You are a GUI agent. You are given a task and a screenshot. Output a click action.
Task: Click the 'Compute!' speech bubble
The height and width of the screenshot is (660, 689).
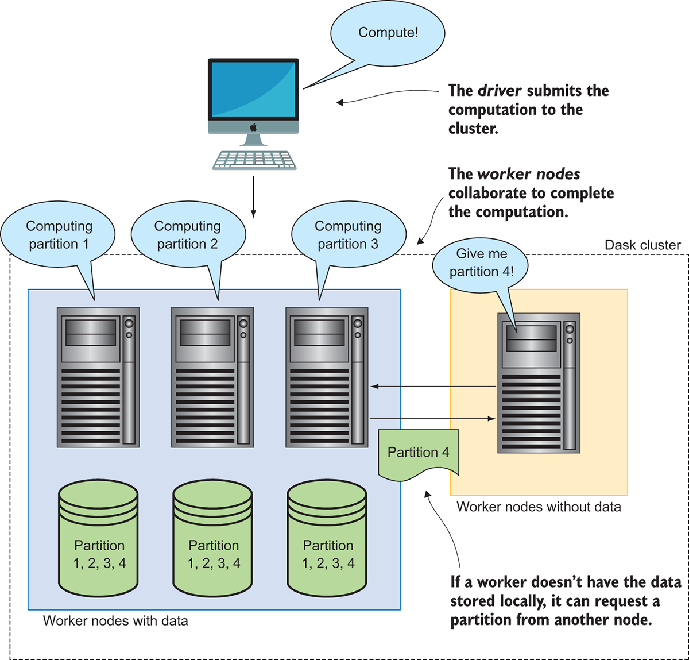[x=388, y=33]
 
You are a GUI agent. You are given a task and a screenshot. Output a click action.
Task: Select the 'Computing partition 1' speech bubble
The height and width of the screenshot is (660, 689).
[x=59, y=235]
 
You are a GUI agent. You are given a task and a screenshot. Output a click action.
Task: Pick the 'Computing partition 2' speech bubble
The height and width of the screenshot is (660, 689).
[x=188, y=235]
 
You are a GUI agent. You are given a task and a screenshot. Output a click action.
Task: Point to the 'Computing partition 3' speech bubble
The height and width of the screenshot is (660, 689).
[x=348, y=235]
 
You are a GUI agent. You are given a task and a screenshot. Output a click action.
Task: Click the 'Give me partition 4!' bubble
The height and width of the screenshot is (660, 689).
[x=481, y=263]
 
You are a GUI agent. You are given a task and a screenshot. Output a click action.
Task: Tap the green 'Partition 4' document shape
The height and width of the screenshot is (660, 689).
[x=418, y=453]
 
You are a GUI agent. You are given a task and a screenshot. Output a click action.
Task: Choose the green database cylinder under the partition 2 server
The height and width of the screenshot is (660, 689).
[x=213, y=538]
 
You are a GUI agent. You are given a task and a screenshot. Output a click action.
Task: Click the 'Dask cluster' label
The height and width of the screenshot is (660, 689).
[x=642, y=245]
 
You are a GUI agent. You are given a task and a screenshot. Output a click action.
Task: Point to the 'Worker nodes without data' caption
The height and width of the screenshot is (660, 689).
[x=539, y=507]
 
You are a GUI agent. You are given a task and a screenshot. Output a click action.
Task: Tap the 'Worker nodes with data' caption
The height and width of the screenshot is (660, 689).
[x=115, y=621]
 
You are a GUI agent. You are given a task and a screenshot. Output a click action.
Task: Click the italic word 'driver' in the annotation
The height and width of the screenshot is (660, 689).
[x=500, y=91]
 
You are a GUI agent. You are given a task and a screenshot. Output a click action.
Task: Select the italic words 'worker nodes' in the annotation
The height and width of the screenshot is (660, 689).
[x=529, y=174]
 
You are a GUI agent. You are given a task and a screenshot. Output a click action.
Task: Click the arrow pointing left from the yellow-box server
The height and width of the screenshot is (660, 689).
[x=433, y=387]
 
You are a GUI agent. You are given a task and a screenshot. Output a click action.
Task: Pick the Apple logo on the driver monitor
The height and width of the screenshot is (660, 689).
[x=253, y=128]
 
